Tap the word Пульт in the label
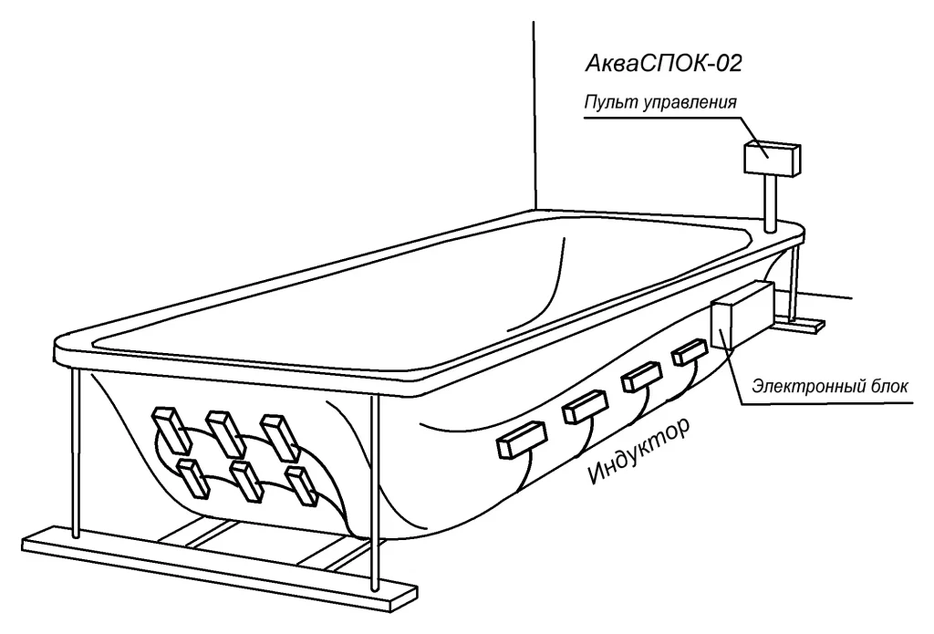[606, 100]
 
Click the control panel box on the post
[772, 158]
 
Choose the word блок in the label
[890, 386]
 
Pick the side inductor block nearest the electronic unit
[690, 353]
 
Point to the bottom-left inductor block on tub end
[193, 480]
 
